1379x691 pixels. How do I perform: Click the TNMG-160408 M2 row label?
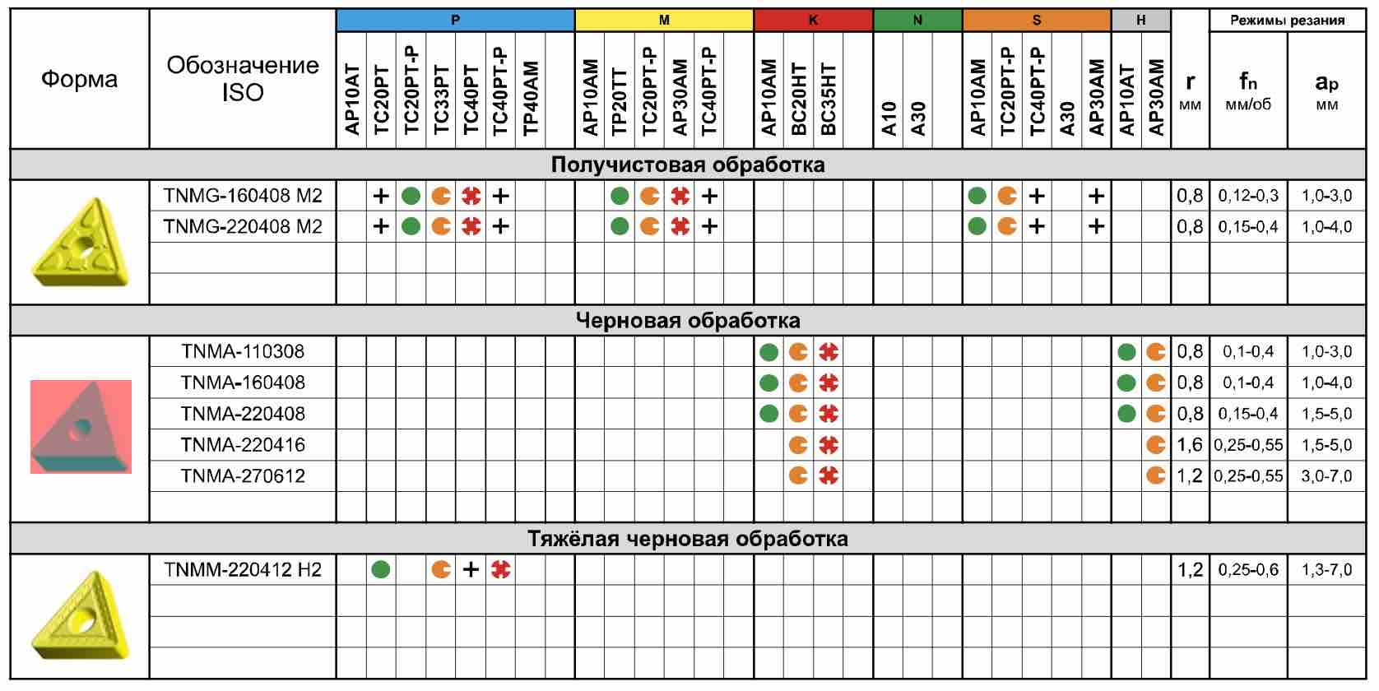pyautogui.click(x=243, y=196)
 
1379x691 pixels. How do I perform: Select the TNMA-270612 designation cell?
pyautogui.click(x=243, y=475)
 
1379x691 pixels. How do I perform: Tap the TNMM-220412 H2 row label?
pyautogui.click(x=243, y=569)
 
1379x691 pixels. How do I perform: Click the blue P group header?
pyautogui.click(x=455, y=20)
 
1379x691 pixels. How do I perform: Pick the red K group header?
pyautogui.click(x=813, y=20)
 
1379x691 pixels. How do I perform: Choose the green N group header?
pyautogui.click(x=917, y=20)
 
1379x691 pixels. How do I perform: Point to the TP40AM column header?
pyautogui.click(x=530, y=97)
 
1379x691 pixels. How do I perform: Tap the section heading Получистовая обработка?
pyautogui.click(x=688, y=165)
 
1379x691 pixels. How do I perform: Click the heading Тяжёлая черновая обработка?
pyautogui.click(x=688, y=539)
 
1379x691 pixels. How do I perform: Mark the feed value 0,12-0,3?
pyautogui.click(x=1248, y=196)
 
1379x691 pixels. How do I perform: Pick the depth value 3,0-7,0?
pyautogui.click(x=1326, y=475)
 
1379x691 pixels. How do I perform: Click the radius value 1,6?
pyautogui.click(x=1190, y=445)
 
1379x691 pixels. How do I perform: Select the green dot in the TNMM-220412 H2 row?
pyautogui.click(x=380, y=569)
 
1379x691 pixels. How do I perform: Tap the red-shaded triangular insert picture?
pyautogui.click(x=81, y=426)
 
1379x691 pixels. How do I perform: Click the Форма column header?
pyautogui.click(x=80, y=79)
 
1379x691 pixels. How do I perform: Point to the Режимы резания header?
pyautogui.click(x=1287, y=20)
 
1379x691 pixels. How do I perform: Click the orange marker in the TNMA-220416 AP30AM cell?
pyautogui.click(x=1155, y=445)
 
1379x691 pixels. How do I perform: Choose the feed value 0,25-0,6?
pyautogui.click(x=1248, y=569)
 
